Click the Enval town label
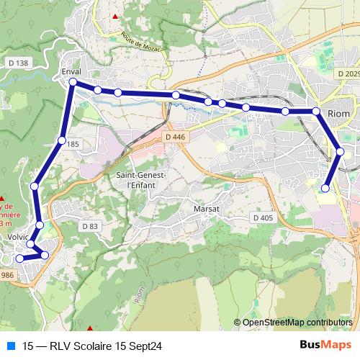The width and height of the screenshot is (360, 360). click(71, 73)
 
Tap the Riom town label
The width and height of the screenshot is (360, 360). click(338, 114)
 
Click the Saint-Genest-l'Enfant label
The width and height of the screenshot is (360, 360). click(142, 179)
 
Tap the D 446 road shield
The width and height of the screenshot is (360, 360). click(174, 136)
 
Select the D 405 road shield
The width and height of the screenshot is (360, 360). click(263, 217)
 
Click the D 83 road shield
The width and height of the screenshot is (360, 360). click(89, 226)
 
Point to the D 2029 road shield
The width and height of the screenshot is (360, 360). click(347, 73)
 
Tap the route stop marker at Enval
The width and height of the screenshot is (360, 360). click(73, 83)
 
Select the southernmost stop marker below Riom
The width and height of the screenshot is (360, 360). click(325, 188)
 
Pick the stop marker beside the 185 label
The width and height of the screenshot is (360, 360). click(62, 140)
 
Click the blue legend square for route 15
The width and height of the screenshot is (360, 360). click(9, 344)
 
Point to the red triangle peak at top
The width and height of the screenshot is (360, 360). click(114, 16)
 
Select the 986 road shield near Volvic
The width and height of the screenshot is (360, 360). click(7, 275)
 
